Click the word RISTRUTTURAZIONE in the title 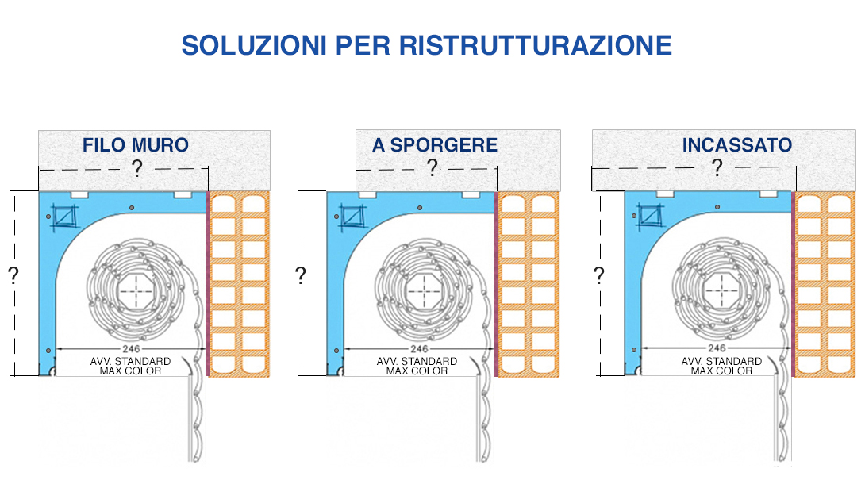click(535, 45)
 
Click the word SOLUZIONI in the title click(254, 45)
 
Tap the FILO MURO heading click(136, 145)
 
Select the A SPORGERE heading click(435, 145)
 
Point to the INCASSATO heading click(737, 145)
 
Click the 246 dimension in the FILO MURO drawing click(131, 348)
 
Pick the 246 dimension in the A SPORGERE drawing click(419, 348)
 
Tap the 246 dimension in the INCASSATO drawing click(717, 348)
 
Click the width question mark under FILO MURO click(136, 167)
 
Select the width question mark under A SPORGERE click(432, 167)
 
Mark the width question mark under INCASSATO click(717, 167)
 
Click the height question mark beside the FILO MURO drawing click(13, 275)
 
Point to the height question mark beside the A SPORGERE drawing click(301, 275)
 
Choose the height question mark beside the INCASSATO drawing click(599, 275)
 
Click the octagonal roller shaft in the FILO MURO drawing click(136, 290)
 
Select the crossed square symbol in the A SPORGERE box click(352, 217)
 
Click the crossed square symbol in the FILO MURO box click(64, 217)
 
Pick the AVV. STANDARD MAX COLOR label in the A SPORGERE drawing click(417, 366)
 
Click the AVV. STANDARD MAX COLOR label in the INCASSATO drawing click(721, 366)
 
